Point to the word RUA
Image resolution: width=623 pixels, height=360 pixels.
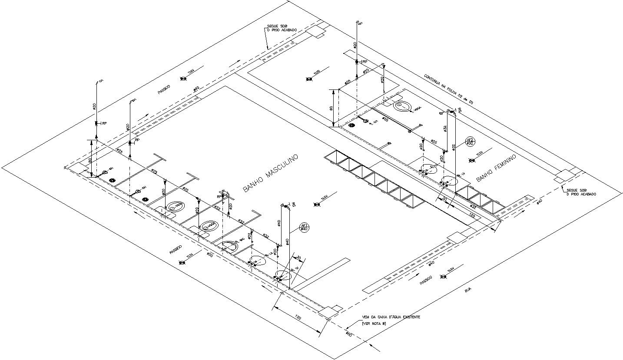(468, 291)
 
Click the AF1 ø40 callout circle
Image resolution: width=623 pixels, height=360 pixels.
(304, 226)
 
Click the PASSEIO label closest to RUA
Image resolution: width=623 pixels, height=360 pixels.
(426, 279)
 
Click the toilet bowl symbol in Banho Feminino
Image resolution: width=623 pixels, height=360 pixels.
(404, 106)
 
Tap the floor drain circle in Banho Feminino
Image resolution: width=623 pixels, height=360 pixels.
(352, 126)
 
